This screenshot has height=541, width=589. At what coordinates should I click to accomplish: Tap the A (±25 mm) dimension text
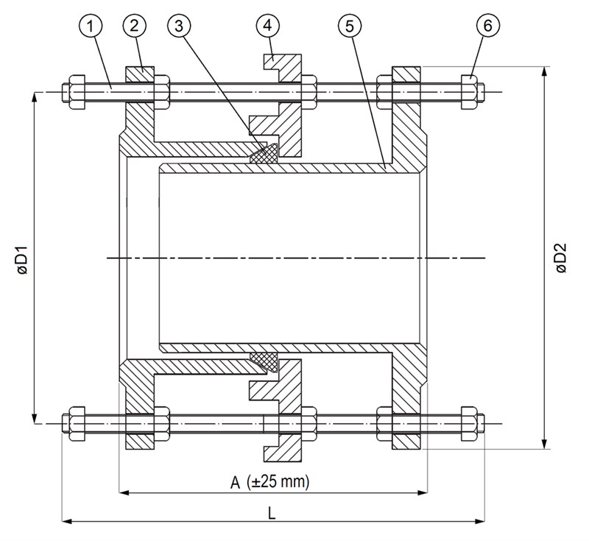(x=270, y=482)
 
